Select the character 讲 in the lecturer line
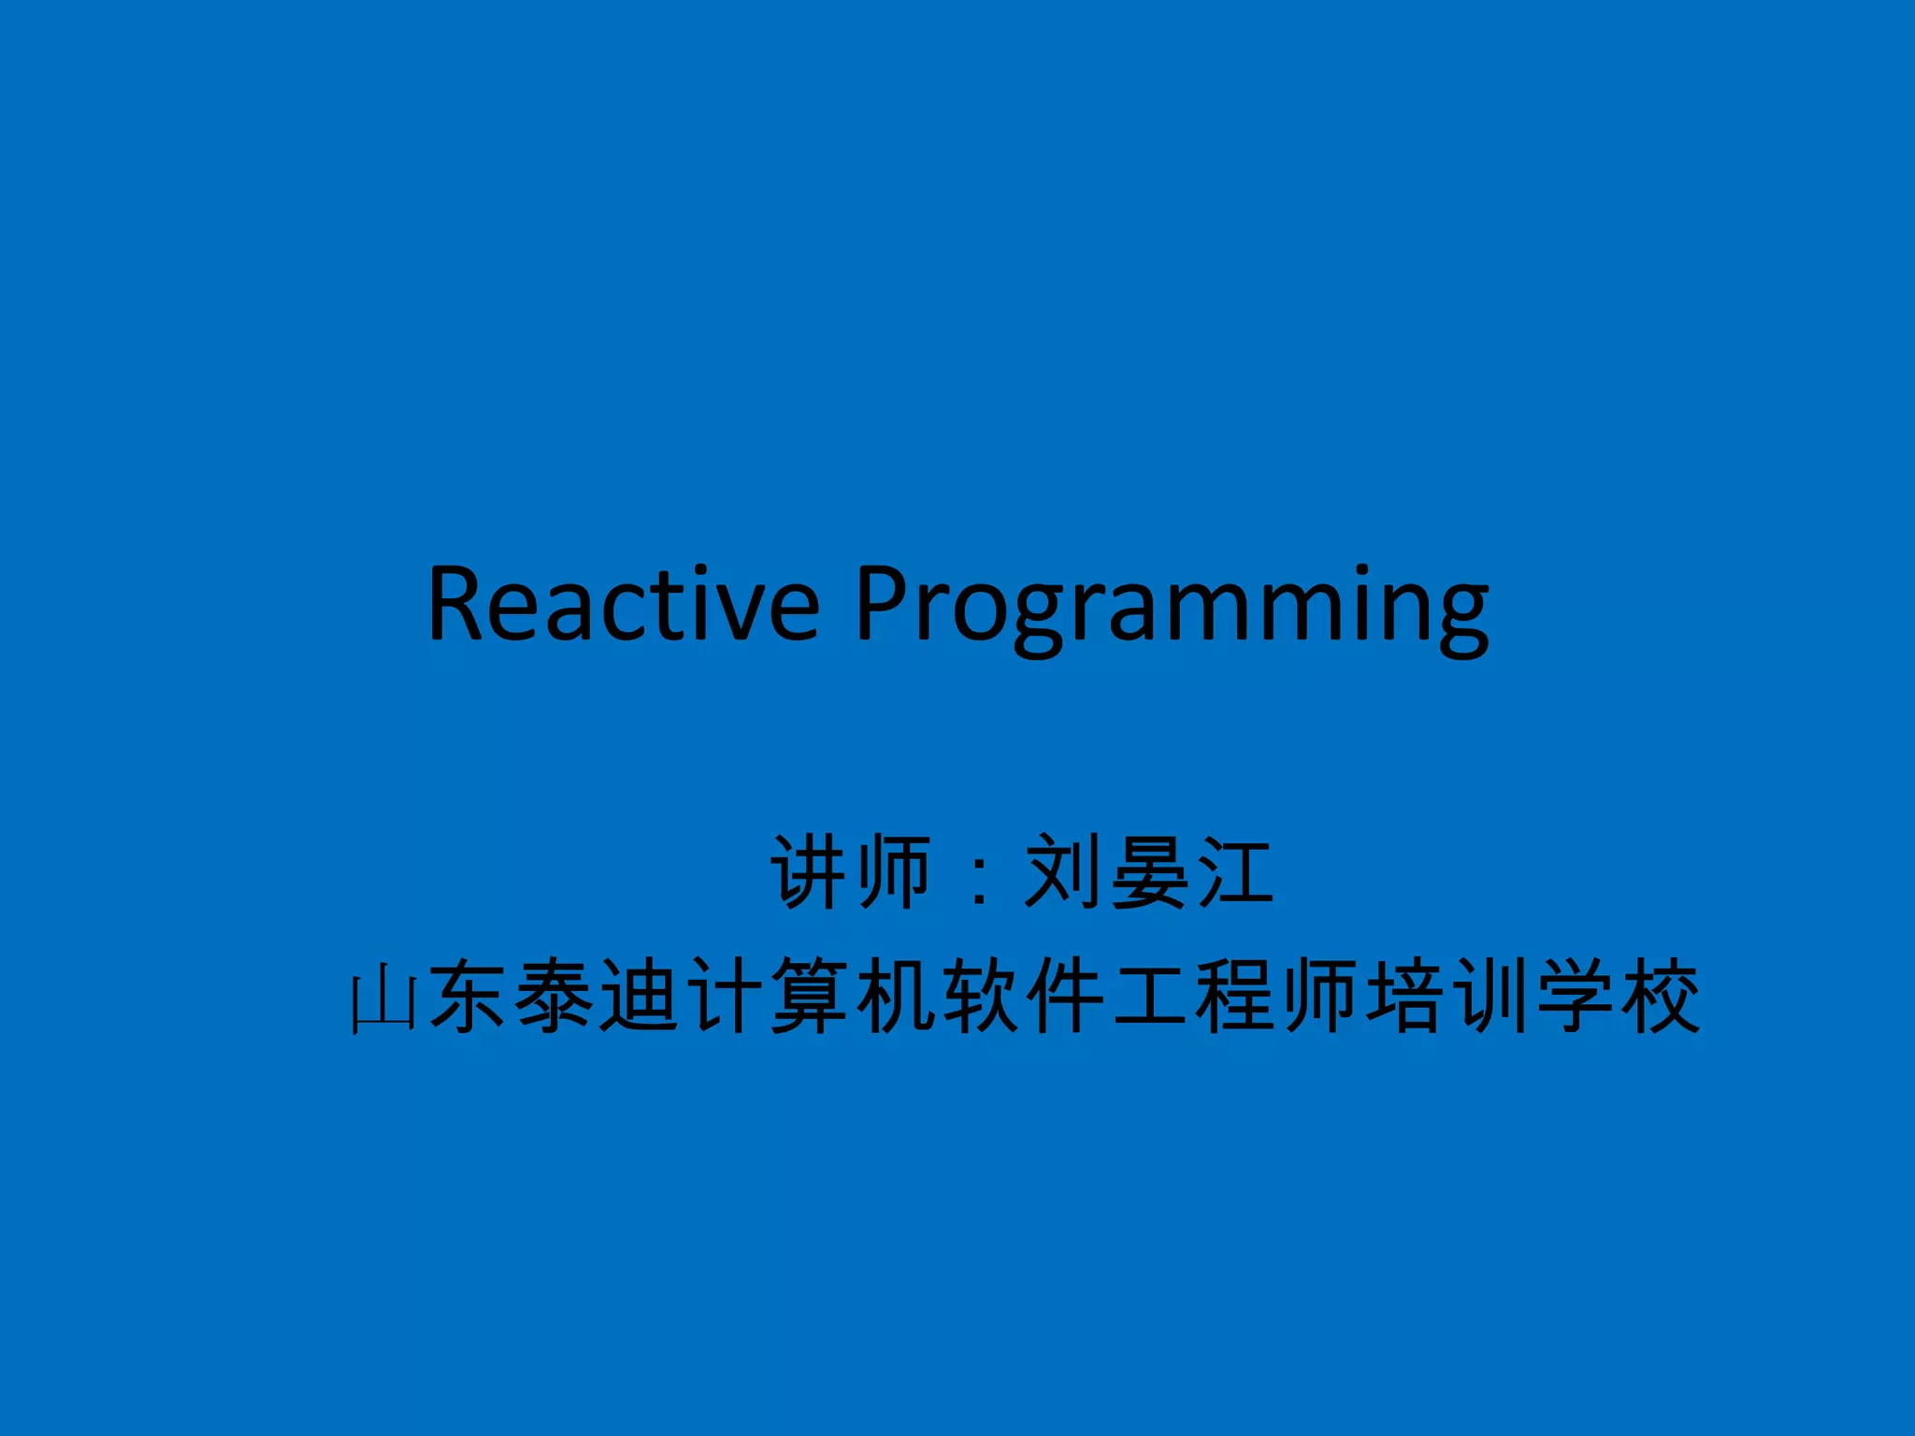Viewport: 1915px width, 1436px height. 810,871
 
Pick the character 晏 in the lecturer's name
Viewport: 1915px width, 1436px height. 1148,871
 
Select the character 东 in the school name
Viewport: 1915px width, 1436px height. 468,997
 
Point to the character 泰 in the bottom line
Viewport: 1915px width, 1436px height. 554,997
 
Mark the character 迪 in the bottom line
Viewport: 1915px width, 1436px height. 640,997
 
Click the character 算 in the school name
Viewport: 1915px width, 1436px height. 810,997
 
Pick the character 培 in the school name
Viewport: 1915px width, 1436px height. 1406,997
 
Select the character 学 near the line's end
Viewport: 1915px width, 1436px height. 1577,997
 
